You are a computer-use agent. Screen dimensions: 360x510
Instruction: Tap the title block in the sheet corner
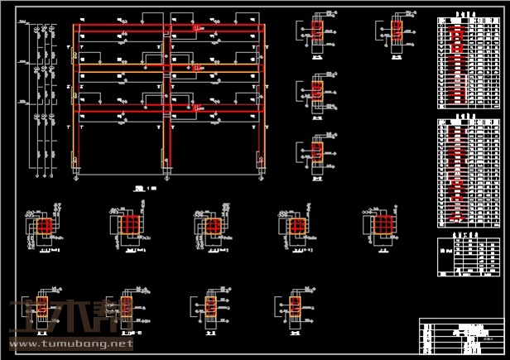(x=460, y=336)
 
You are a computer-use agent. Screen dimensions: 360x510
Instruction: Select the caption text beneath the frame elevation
(x=146, y=189)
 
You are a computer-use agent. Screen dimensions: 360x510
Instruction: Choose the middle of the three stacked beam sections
(x=317, y=89)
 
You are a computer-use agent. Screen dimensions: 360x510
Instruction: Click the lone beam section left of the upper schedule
(x=396, y=31)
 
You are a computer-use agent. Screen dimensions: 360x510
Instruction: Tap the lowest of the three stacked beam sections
(x=317, y=152)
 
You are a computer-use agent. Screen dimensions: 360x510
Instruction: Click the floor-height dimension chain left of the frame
(x=37, y=99)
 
